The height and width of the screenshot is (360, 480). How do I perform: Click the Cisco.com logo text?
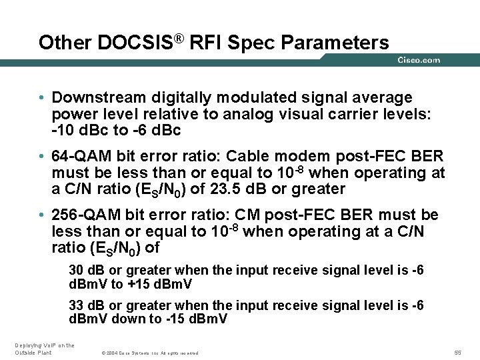coord(419,60)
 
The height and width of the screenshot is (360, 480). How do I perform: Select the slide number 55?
coord(458,352)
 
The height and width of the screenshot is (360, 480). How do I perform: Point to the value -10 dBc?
coord(74,130)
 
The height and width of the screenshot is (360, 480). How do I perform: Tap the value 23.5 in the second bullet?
coord(228,189)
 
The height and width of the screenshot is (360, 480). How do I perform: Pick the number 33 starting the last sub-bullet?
coord(77,305)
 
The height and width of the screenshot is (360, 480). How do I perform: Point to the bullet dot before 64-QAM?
coord(42,157)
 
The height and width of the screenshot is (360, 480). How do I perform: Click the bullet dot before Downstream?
coord(42,98)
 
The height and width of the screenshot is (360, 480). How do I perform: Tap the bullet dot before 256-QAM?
coord(42,215)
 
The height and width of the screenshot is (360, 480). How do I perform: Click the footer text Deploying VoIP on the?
coord(45,345)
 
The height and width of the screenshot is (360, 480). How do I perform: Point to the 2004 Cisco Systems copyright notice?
coord(149,353)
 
